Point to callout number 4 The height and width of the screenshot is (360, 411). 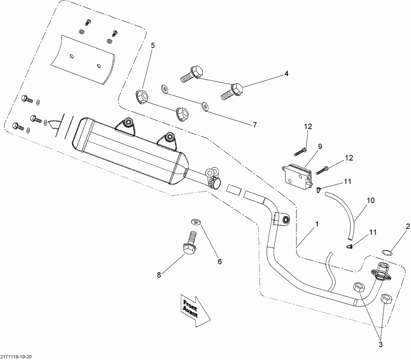[286, 73]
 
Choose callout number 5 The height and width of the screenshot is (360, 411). [153, 45]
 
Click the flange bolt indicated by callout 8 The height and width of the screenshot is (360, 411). [190, 242]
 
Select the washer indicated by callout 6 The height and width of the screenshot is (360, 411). [196, 222]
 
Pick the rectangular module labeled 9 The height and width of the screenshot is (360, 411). [296, 173]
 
